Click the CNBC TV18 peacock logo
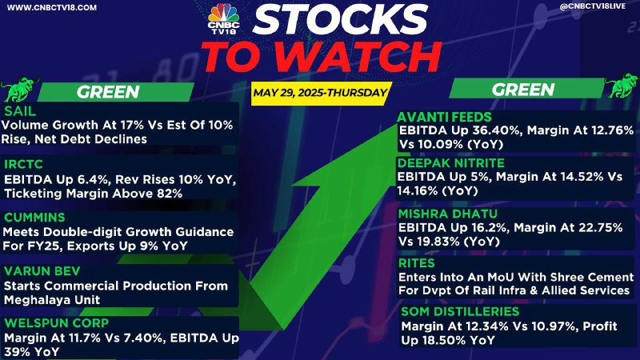click(223, 18)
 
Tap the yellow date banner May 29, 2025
click(321, 93)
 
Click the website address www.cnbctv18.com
click(52, 7)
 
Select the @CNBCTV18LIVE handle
click(593, 6)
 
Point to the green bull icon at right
click(622, 86)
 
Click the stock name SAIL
click(19, 111)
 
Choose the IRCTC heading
click(23, 164)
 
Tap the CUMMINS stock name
click(34, 217)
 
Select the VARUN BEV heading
click(42, 271)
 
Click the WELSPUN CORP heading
click(56, 323)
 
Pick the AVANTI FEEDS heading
click(444, 117)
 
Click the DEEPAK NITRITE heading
click(451, 163)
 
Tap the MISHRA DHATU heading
click(448, 214)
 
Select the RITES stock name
click(417, 263)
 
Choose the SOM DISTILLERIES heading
click(460, 311)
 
